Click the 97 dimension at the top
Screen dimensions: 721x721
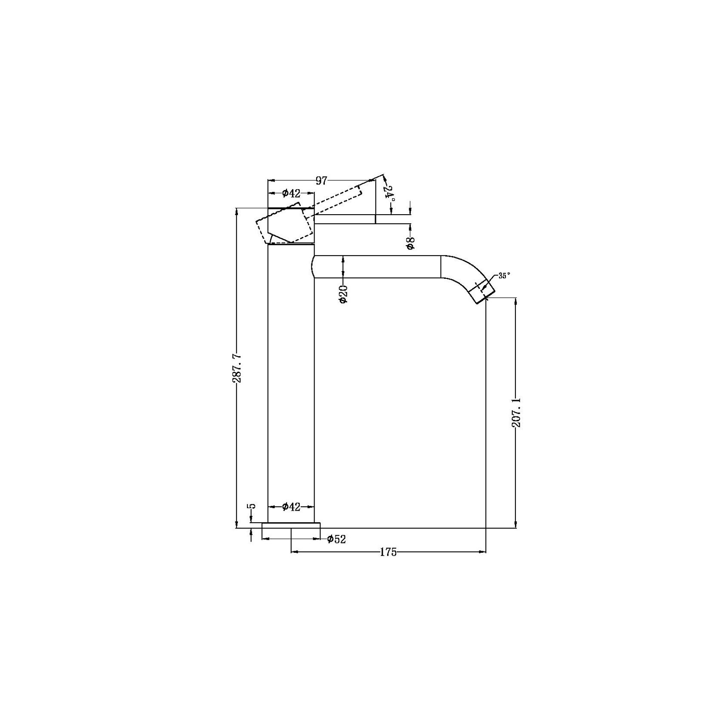point(321,180)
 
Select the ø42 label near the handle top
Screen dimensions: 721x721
point(291,194)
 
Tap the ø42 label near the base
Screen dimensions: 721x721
point(291,507)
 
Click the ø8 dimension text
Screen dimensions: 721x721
point(411,243)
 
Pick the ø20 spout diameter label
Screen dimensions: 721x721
point(343,294)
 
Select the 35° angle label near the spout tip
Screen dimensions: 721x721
point(504,276)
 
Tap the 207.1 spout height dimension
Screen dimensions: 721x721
point(517,412)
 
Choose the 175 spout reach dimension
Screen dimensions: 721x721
point(388,552)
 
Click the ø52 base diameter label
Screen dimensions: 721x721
point(336,539)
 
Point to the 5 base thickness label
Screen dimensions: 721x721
point(252,506)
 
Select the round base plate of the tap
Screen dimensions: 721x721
point(291,525)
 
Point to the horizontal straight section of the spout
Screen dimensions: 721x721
point(379,267)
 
